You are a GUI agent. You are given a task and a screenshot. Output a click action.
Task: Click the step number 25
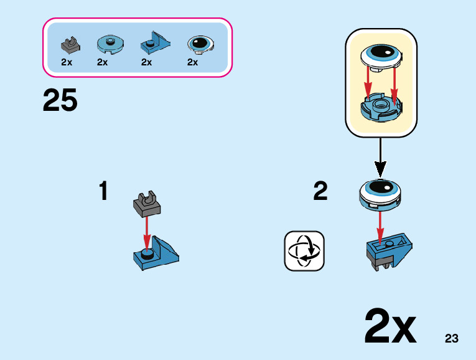[x=60, y=100]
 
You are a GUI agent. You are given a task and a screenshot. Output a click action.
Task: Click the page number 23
[x=452, y=339]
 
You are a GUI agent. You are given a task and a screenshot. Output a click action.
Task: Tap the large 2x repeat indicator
[x=390, y=326]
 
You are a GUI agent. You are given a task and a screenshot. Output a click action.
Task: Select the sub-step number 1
[x=103, y=191]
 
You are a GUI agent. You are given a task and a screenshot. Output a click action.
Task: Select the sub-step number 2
[x=320, y=191]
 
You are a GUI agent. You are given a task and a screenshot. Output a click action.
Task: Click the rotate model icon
[x=304, y=251]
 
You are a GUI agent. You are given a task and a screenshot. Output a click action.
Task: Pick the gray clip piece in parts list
[x=70, y=45]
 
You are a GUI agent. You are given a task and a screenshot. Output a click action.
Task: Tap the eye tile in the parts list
[x=200, y=44]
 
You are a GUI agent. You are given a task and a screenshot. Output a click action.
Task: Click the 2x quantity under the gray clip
[x=67, y=62]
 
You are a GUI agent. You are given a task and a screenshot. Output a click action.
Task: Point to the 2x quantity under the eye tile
[x=192, y=62]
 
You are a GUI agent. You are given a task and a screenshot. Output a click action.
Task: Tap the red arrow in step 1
[x=147, y=232]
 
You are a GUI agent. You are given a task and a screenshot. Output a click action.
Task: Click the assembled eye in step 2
[x=380, y=193]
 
